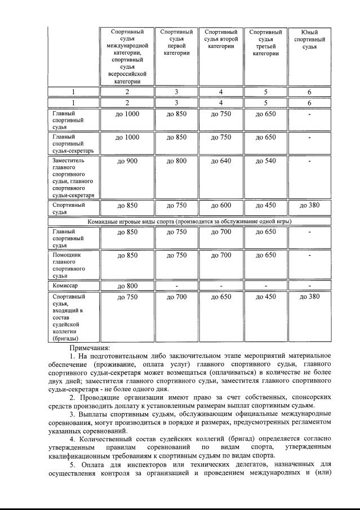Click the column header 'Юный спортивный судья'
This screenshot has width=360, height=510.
(x=309, y=39)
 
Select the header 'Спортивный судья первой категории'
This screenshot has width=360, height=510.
(x=176, y=43)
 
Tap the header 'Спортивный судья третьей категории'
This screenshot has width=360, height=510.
(x=265, y=43)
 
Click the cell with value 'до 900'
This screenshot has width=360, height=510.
(x=127, y=161)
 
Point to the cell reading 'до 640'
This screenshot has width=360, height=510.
(x=221, y=161)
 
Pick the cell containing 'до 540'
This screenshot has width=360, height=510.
(x=265, y=161)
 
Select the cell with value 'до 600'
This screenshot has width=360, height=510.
(x=221, y=205)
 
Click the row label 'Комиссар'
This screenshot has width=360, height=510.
(x=64, y=286)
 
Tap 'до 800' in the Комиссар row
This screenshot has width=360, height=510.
(x=127, y=286)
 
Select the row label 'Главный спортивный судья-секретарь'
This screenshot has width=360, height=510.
(x=69, y=144)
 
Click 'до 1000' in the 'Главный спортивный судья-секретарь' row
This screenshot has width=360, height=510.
(x=127, y=137)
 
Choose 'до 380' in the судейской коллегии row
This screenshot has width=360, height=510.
(x=309, y=296)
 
